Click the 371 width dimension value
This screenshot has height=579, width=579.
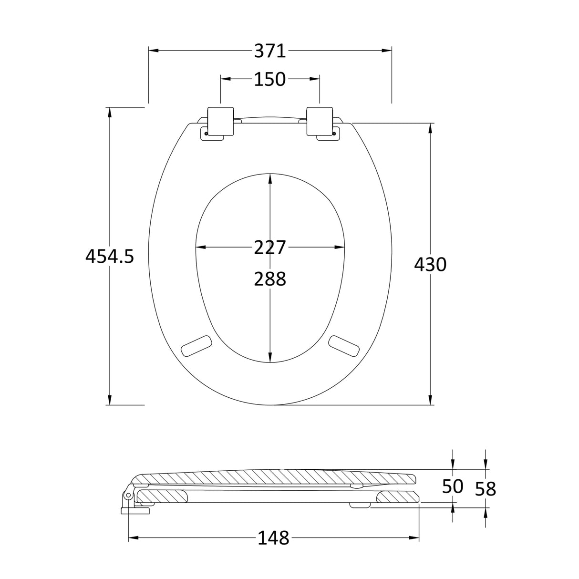point(269,51)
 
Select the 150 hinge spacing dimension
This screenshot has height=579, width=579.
point(269,79)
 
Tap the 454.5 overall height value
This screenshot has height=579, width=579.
point(110,257)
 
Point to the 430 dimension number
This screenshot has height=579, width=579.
point(430,264)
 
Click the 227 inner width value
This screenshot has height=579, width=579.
point(269,248)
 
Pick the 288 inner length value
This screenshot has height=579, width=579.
point(269,279)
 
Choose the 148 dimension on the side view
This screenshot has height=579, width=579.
point(274,538)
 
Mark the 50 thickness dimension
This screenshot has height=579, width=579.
point(453,486)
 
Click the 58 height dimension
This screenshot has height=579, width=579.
point(486,488)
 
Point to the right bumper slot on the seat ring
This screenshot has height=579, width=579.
point(343,344)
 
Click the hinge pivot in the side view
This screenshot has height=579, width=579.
point(128,496)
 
